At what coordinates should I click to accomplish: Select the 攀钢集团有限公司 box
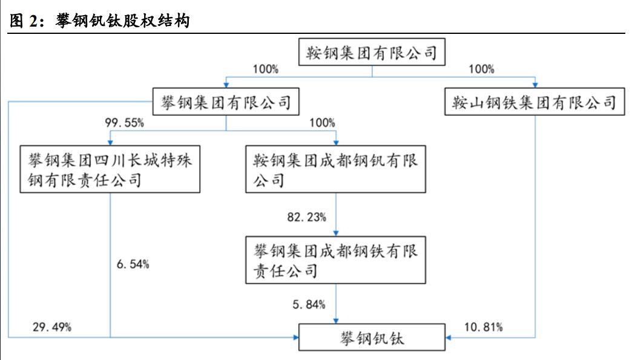(x=226, y=102)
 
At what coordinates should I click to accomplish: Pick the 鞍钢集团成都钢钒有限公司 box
(x=337, y=170)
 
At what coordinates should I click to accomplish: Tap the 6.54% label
(x=132, y=264)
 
